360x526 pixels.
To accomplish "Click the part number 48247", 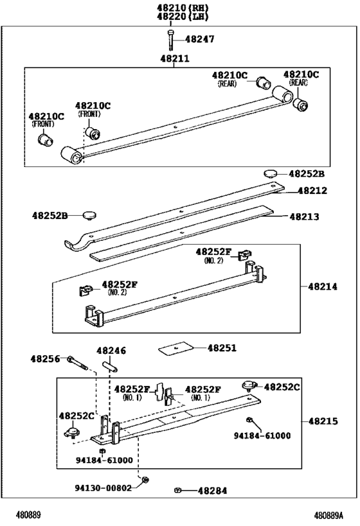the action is [x=199, y=39].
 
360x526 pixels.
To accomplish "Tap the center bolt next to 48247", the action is [x=171, y=40].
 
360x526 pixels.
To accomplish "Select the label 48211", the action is [x=175, y=58].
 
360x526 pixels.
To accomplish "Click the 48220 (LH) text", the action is [x=183, y=16].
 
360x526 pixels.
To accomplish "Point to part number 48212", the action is [x=312, y=191].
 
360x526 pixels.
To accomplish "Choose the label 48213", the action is [x=304, y=216].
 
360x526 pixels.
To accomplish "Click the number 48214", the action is [x=323, y=286].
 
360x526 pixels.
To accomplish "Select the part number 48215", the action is [x=323, y=421].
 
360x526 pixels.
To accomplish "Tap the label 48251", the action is [x=222, y=348].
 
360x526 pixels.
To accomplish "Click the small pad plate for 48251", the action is [x=175, y=348].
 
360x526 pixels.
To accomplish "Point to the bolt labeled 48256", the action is [x=78, y=364].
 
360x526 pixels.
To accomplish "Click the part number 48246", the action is [x=111, y=351].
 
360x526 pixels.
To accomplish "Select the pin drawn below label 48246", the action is [x=110, y=365].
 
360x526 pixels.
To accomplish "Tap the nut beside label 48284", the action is [x=177, y=491].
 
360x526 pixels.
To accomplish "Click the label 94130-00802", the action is [x=103, y=487].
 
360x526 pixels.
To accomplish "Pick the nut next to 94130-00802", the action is [x=145, y=480].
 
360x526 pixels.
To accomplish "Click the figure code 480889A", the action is [x=329, y=515].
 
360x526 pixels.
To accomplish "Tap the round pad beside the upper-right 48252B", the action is [x=270, y=173].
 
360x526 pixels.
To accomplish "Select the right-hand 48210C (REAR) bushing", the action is [x=301, y=104].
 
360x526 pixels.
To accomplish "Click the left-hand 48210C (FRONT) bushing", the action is [x=46, y=139].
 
